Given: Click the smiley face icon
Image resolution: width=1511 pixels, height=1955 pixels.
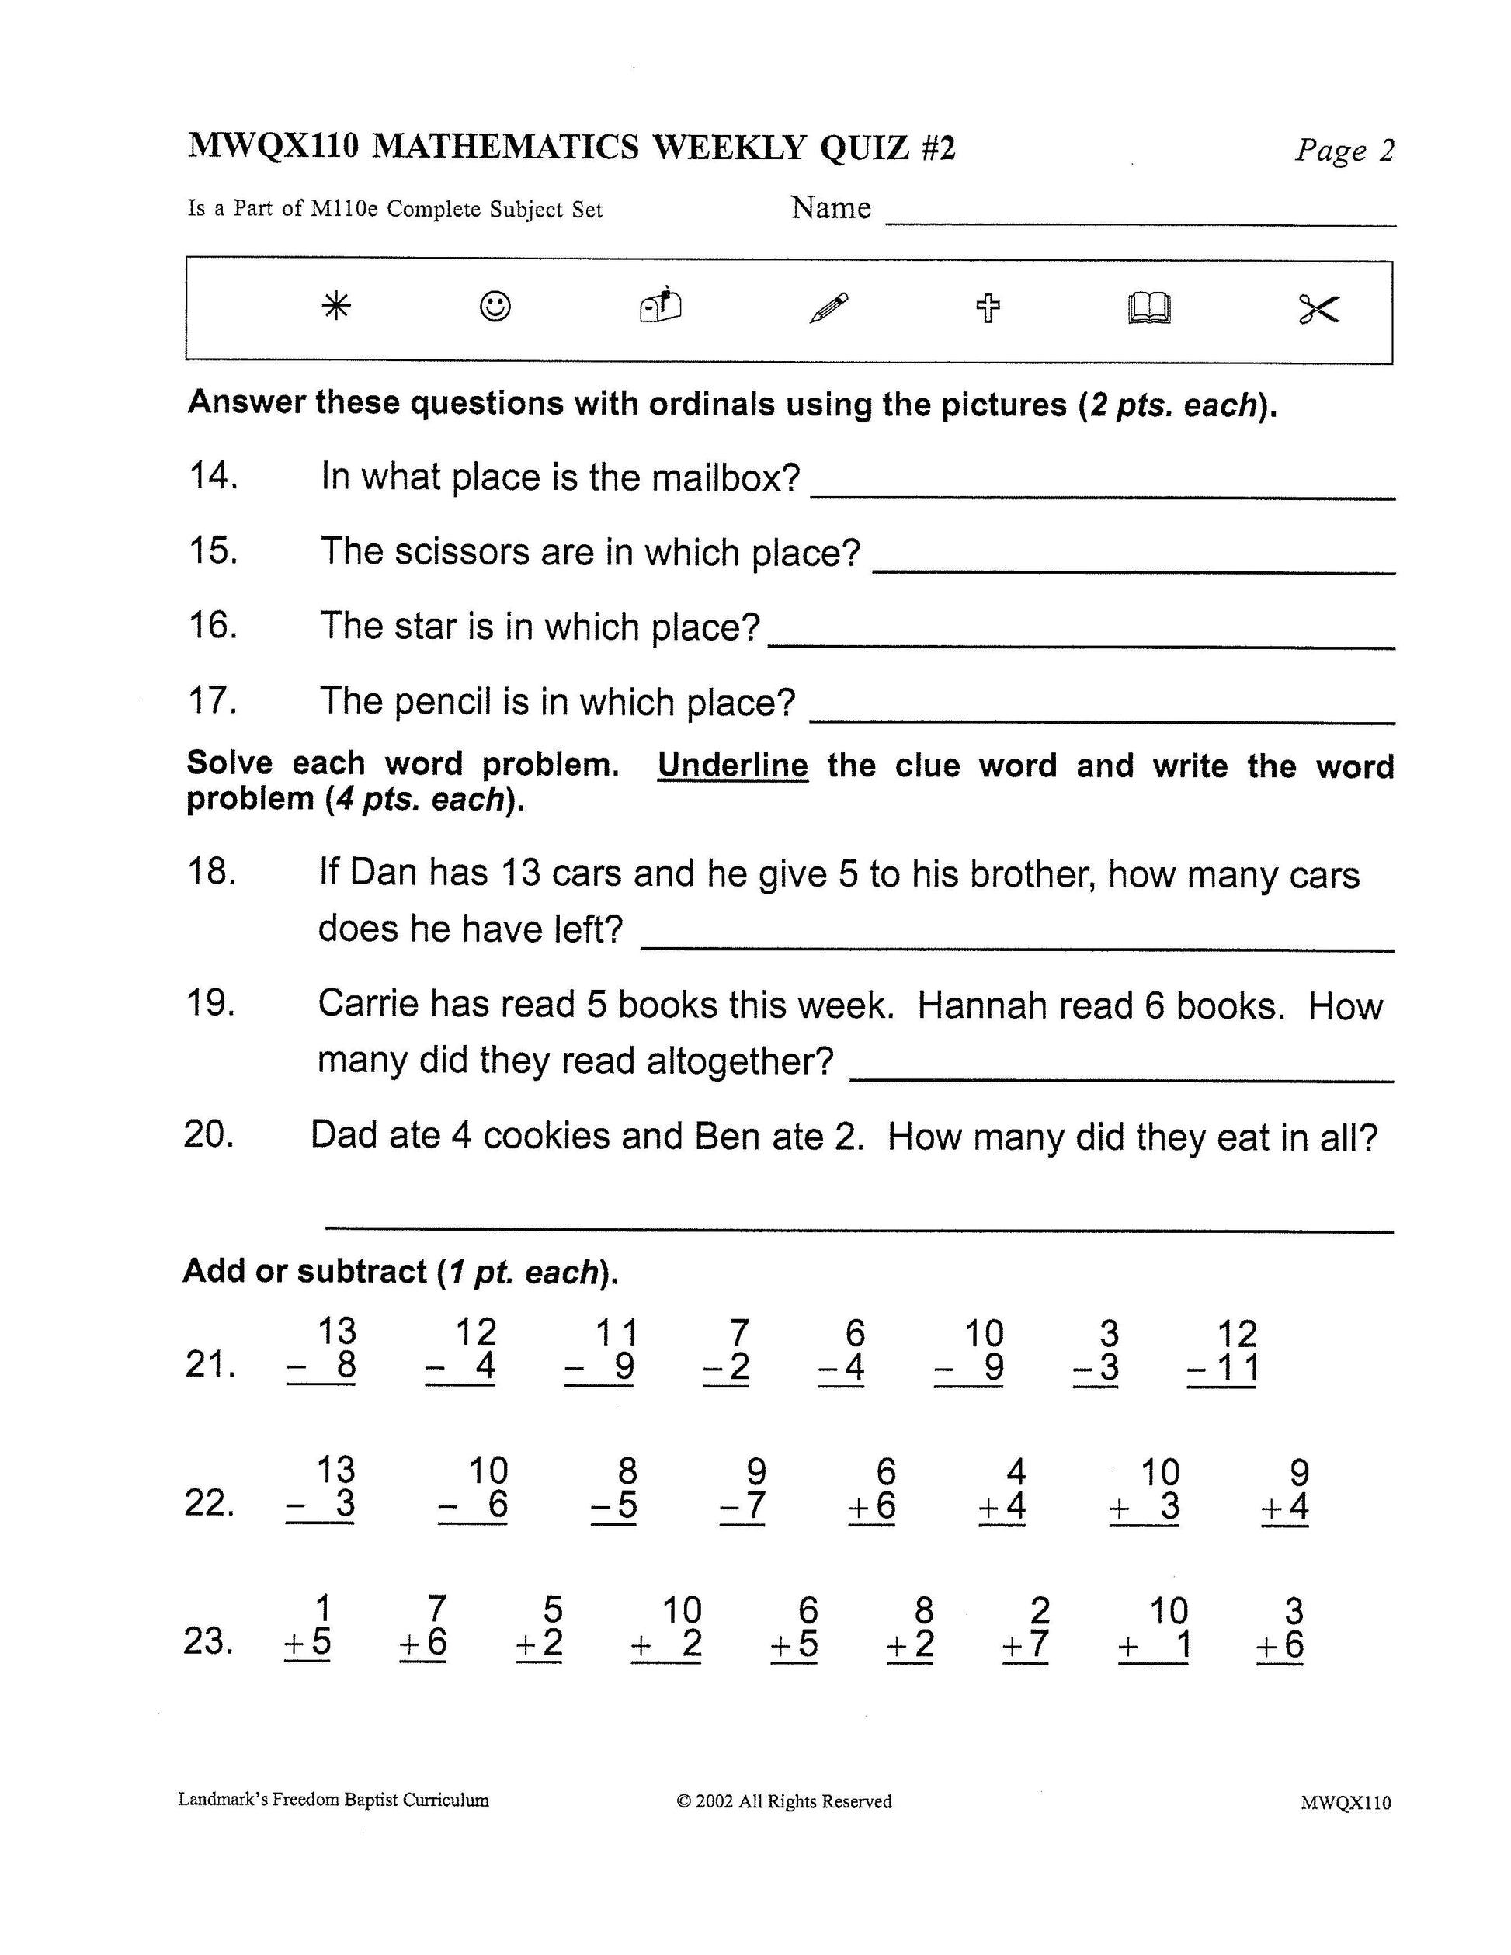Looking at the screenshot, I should (x=495, y=306).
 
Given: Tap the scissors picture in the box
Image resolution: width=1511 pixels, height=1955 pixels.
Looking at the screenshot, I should (x=1318, y=310).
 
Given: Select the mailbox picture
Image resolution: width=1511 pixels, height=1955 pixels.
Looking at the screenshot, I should (x=661, y=305).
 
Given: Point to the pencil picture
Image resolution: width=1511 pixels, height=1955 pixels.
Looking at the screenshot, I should (x=829, y=308).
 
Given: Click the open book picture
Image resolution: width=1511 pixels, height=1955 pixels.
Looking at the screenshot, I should (x=1148, y=308).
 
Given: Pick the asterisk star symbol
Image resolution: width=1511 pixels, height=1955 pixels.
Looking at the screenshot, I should (x=336, y=307).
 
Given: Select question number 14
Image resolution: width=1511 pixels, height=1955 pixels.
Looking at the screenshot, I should (x=213, y=475).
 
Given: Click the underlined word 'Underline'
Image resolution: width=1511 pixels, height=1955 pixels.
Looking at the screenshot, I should (x=732, y=766).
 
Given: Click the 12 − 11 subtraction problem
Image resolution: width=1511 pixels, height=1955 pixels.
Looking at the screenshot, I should (x=1224, y=1352).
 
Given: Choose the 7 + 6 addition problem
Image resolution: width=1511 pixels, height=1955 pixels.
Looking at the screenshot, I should (x=424, y=1627).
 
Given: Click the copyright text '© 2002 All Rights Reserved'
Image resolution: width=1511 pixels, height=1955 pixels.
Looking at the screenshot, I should (x=784, y=1801).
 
